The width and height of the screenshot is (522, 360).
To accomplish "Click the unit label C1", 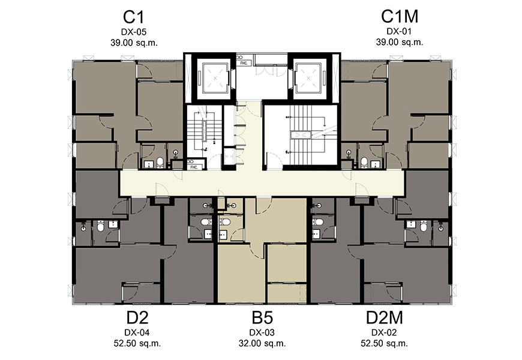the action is point(133,17).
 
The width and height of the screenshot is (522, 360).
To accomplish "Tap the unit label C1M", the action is point(400,16).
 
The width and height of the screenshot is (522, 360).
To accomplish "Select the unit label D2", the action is point(137,318).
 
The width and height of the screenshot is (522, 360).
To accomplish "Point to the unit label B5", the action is point(262,318).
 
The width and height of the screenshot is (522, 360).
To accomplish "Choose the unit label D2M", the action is point(384,318).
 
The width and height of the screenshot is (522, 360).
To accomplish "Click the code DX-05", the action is point(133,32).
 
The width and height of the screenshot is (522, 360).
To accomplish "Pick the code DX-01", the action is point(399,31).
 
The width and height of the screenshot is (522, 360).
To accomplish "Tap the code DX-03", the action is point(262,332).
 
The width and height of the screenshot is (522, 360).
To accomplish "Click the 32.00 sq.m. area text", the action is point(262,343).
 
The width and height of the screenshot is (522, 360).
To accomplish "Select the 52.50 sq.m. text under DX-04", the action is point(137,343).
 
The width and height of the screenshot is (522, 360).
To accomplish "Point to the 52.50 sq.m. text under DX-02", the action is point(384,343).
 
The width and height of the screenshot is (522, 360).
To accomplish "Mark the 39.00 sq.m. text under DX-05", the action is point(134,43).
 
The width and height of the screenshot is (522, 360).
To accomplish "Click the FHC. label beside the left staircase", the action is point(194,167).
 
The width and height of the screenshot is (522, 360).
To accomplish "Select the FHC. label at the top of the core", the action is point(244,63).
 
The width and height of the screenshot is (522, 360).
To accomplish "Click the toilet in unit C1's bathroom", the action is point(160,162).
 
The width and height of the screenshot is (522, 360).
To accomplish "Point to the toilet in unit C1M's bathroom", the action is point(364,162).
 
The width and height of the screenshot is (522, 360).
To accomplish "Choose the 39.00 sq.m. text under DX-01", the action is point(400,42).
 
